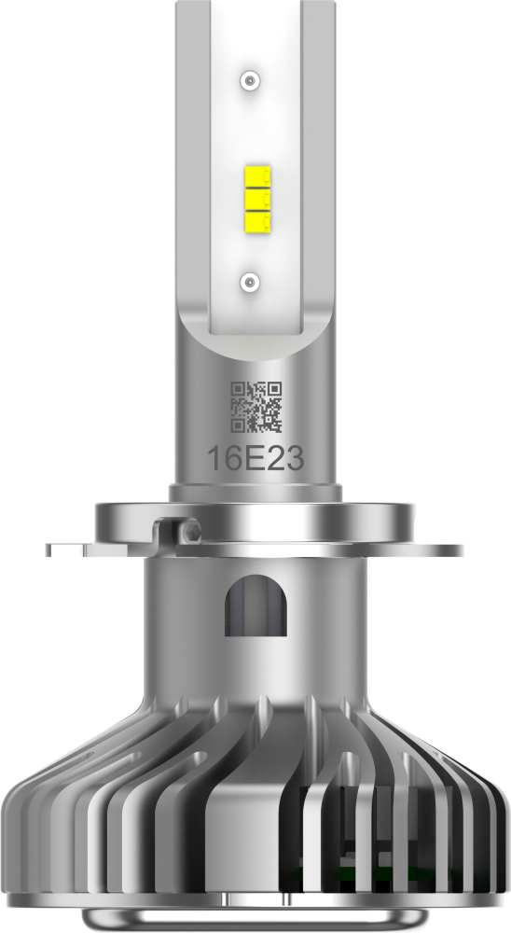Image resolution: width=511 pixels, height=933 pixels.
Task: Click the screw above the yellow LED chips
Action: tap(251, 79)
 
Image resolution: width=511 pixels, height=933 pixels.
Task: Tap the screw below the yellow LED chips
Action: tap(251, 280)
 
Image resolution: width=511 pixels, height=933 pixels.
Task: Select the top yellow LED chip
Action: tap(257, 176)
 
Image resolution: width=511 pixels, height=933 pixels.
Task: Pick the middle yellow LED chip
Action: tap(257, 199)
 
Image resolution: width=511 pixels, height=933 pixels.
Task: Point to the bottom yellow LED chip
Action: tap(257, 221)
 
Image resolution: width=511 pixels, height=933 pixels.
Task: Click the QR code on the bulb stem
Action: tap(256, 407)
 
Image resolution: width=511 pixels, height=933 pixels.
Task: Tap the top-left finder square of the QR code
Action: tap(238, 389)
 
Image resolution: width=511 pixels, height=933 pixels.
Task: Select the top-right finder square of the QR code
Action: tap(274, 389)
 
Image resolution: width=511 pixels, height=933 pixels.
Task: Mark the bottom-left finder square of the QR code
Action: tap(238, 425)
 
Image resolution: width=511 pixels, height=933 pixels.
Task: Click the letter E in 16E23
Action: tap(255, 459)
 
